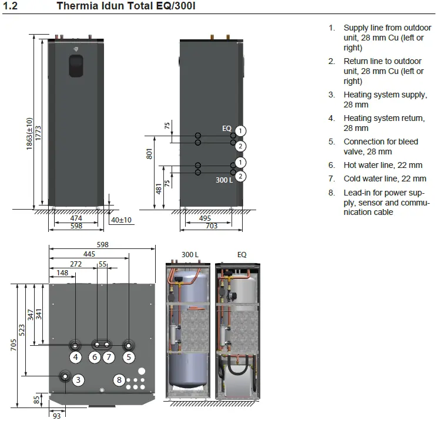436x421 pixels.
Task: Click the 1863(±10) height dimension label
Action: click(x=29, y=134)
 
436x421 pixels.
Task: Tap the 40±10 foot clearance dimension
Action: click(x=121, y=220)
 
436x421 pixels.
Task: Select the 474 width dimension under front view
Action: click(x=76, y=218)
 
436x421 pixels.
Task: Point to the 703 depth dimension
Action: click(x=212, y=226)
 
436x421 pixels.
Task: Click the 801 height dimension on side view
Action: click(x=149, y=154)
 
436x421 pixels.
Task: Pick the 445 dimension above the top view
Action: click(x=89, y=254)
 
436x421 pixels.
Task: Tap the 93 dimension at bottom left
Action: click(x=57, y=416)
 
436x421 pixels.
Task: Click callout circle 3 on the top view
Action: click(x=78, y=380)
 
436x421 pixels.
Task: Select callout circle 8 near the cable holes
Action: click(x=119, y=380)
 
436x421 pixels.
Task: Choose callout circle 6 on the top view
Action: click(x=95, y=357)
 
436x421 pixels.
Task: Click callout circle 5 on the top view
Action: click(x=129, y=357)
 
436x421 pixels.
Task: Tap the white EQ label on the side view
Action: click(x=227, y=128)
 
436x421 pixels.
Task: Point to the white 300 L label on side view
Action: click(x=224, y=180)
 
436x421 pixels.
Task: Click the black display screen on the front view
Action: click(x=76, y=66)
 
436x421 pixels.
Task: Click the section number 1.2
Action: click(x=11, y=6)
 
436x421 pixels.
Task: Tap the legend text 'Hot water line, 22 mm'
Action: click(x=383, y=165)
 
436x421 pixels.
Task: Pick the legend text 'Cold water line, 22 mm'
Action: click(x=385, y=178)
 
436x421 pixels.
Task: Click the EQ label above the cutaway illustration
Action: click(x=242, y=255)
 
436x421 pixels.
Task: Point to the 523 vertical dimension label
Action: click(x=22, y=330)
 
